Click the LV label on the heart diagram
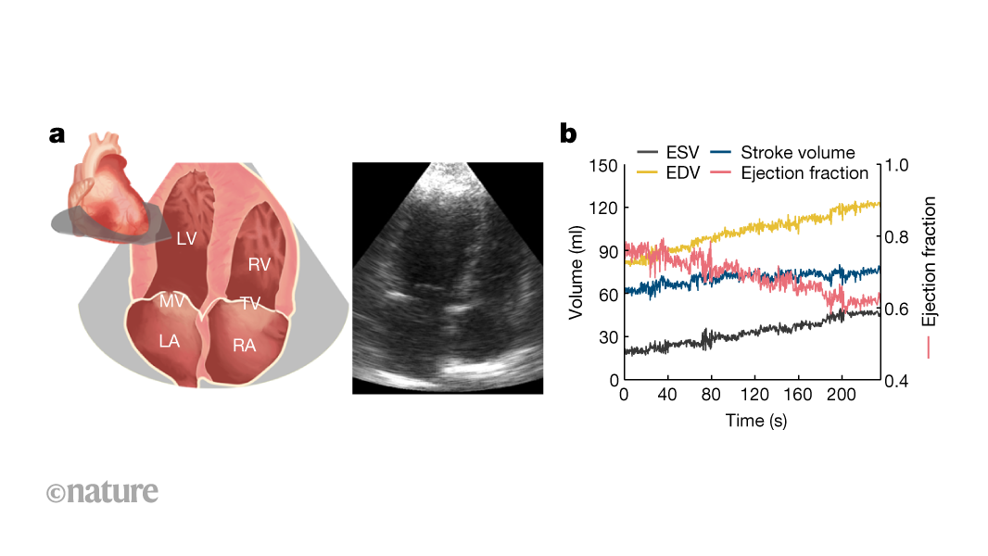point(187,239)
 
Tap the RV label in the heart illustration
point(260,265)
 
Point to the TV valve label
point(250,303)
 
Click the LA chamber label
point(169,341)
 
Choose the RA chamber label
point(244,346)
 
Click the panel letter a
point(57,135)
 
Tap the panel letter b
point(567,134)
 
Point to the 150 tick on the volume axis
point(603,165)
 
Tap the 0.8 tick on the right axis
point(900,236)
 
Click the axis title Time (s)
point(755,420)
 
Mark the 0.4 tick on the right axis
point(900,381)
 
